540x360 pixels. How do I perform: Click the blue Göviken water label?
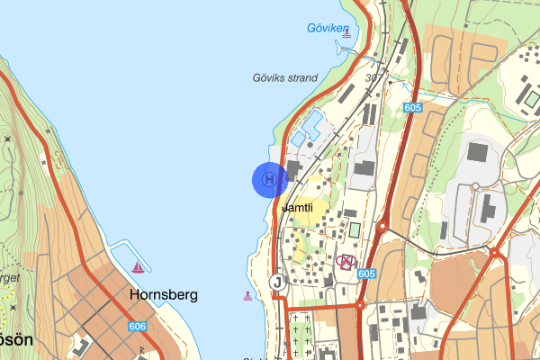coord(326,29)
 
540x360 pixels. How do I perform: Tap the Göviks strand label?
coord(284,78)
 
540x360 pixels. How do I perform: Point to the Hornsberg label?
coord(163,294)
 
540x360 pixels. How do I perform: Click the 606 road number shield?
coord(138,327)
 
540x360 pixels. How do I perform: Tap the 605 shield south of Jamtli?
coord(365,274)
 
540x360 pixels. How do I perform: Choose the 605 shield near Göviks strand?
coord(413,108)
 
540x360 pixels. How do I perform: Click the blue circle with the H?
coord(268,179)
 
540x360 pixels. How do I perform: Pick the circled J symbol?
coord(277,282)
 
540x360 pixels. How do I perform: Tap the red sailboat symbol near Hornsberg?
coord(138,267)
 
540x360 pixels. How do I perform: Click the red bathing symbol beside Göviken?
coord(346,34)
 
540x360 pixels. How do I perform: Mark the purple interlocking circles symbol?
coord(345,262)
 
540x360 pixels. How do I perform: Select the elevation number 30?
coord(371,78)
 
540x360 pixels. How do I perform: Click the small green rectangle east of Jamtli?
coord(355,229)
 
